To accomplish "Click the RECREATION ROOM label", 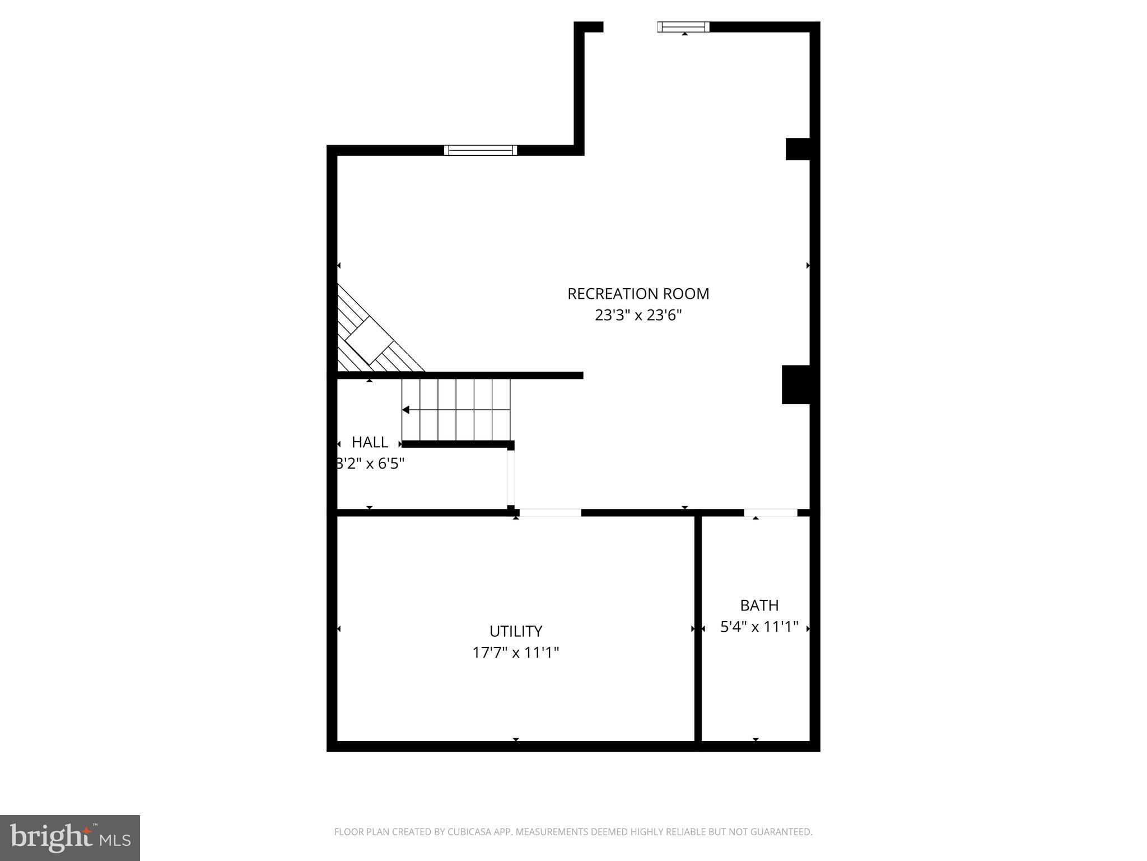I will [x=638, y=294].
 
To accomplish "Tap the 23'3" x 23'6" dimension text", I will [x=638, y=315].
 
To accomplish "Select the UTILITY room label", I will [x=516, y=631].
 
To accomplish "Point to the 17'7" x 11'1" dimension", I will [x=516, y=652].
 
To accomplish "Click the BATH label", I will [x=759, y=605].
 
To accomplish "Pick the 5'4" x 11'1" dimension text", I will [x=759, y=627].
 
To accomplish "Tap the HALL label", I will [x=370, y=442].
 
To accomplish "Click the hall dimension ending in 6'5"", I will [x=370, y=464].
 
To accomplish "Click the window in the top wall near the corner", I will [x=683, y=26].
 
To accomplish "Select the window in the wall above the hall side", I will [x=480, y=150].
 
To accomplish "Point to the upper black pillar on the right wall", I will [x=798, y=149].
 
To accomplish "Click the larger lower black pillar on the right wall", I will [x=796, y=385].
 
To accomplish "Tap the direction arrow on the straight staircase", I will [x=406, y=410].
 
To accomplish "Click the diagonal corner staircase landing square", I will [x=370, y=341].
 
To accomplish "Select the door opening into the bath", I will [x=770, y=512].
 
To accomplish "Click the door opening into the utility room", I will [x=550, y=512].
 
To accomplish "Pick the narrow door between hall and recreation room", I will [x=510, y=478].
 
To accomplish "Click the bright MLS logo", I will [x=70, y=838].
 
